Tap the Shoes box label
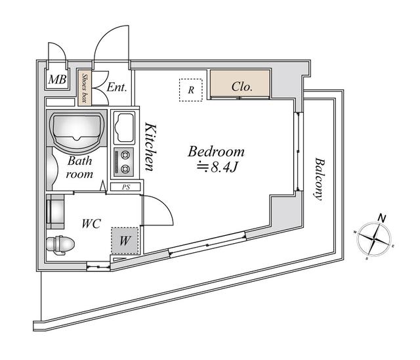(84, 88)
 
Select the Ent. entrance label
(116, 87)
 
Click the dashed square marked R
(190, 90)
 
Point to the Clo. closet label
(241, 86)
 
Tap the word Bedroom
(216, 151)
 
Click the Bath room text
(79, 167)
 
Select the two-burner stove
(123, 162)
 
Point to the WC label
(91, 223)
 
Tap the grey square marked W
(125, 240)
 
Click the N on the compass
(381, 218)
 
